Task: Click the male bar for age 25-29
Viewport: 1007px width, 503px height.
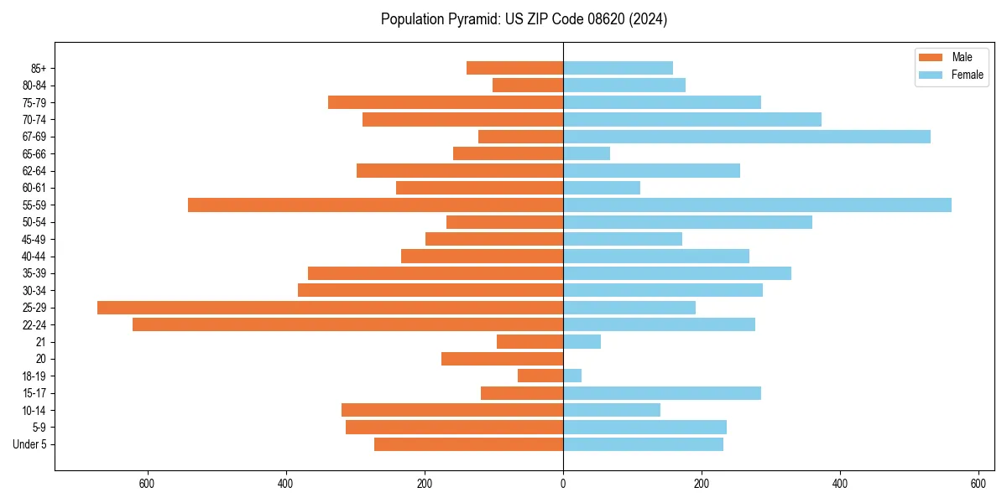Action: (x=330, y=308)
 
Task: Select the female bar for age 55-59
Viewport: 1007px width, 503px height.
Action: (x=757, y=205)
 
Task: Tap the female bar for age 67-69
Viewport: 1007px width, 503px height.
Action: (x=747, y=137)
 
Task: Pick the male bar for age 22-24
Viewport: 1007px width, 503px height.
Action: (x=347, y=324)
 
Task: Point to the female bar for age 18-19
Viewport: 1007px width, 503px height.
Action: (x=572, y=376)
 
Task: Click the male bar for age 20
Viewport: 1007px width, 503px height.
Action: (x=502, y=359)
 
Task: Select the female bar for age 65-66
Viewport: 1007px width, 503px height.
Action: (x=587, y=153)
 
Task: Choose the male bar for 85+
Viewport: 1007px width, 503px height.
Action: (x=514, y=68)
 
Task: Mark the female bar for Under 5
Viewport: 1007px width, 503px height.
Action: (x=643, y=444)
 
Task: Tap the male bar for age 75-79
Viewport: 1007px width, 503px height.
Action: (x=445, y=102)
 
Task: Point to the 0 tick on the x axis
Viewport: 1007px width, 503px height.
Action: (x=563, y=484)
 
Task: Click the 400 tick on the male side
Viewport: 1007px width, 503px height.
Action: (x=286, y=484)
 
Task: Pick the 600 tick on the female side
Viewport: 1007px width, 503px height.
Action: (x=978, y=484)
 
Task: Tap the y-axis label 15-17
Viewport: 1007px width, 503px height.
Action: (x=34, y=393)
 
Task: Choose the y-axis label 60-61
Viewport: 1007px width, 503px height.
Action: (x=34, y=188)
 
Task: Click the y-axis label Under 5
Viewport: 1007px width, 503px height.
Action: (x=30, y=444)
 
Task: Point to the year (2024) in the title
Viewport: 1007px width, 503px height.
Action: (x=644, y=19)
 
